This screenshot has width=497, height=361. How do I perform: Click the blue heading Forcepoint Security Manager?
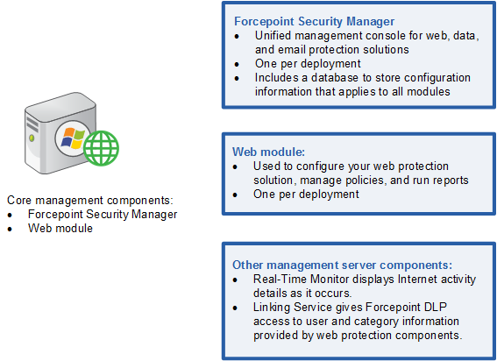[314, 22]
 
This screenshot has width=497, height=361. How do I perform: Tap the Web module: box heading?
[268, 152]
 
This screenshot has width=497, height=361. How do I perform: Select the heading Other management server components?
[343, 265]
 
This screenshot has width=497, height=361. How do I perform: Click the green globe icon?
[101, 148]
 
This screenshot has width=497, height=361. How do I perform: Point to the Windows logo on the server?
[72, 138]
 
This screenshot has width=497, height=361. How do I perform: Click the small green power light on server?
[32, 138]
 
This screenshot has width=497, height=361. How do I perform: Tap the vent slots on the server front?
[32, 124]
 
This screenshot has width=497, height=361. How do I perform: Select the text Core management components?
[90, 201]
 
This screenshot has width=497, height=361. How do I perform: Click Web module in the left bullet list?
[60, 228]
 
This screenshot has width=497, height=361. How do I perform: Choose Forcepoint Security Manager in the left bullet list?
[103, 215]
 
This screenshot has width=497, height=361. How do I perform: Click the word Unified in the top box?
[273, 36]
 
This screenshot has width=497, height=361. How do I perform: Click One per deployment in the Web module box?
[306, 194]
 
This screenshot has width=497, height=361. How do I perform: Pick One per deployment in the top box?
[308, 63]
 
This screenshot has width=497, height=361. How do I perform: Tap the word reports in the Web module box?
[451, 180]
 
